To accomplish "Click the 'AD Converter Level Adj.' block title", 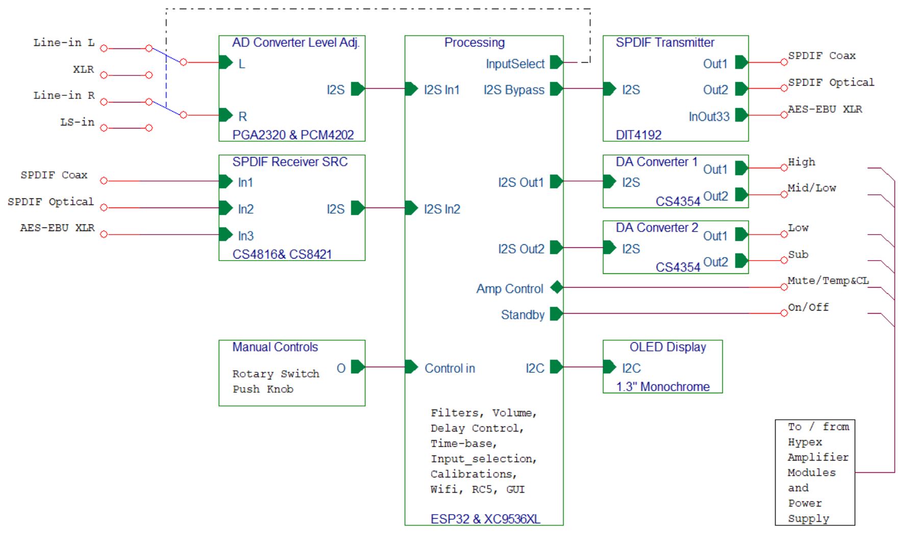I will tap(296, 43).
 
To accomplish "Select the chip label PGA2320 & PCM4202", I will tap(293, 135).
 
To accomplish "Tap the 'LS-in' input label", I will tap(78, 122).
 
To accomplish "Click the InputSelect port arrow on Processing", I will tap(556, 63).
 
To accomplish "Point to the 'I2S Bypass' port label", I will tap(514, 90).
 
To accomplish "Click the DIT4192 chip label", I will tap(638, 135).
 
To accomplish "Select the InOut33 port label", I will tap(709, 117).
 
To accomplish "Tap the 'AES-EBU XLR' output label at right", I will tap(824, 109).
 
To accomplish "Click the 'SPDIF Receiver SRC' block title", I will tap(290, 162).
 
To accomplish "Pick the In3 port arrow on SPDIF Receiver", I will tap(226, 235).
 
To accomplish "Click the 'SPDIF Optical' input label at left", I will tap(51, 202).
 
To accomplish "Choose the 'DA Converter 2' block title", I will tap(657, 228).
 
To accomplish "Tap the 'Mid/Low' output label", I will tap(812, 188).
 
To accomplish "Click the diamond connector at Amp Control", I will tap(557, 288).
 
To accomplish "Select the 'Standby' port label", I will tap(522, 315).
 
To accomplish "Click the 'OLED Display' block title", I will tap(667, 347).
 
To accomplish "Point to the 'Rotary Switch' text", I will tap(276, 374).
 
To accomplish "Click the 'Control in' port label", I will tap(449, 369).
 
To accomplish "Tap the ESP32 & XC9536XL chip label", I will tap(485, 519).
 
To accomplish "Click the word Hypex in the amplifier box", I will tap(805, 442).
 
